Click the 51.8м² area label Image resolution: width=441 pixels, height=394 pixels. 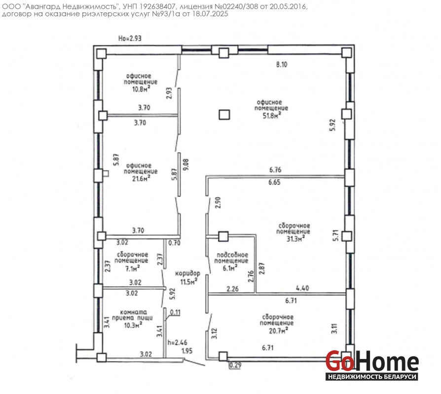point(271,115)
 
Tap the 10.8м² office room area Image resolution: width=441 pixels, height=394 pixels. point(141,89)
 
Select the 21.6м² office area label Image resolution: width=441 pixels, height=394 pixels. point(141,178)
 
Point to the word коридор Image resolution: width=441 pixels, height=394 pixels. point(187,273)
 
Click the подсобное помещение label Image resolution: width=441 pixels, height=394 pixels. point(231,258)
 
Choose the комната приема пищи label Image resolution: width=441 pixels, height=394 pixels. point(133,315)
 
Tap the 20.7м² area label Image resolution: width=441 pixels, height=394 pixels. point(278,330)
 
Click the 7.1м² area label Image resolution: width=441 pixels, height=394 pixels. point(132,268)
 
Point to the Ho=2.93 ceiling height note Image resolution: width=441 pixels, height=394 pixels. point(130,38)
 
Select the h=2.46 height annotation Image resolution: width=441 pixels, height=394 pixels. point(177,342)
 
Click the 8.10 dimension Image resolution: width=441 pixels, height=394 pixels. point(282,65)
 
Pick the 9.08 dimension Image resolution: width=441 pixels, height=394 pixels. point(186,164)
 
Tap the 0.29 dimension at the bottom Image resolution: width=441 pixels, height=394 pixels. point(235,365)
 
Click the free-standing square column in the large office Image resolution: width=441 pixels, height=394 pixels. point(224,115)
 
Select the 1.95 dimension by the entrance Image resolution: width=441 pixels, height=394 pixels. point(187,351)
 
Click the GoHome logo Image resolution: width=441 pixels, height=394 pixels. point(372,364)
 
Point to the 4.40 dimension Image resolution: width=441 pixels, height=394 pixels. point(302,288)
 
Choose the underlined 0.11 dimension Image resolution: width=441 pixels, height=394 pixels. point(175,312)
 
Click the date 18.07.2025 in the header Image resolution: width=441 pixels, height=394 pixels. point(210,14)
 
